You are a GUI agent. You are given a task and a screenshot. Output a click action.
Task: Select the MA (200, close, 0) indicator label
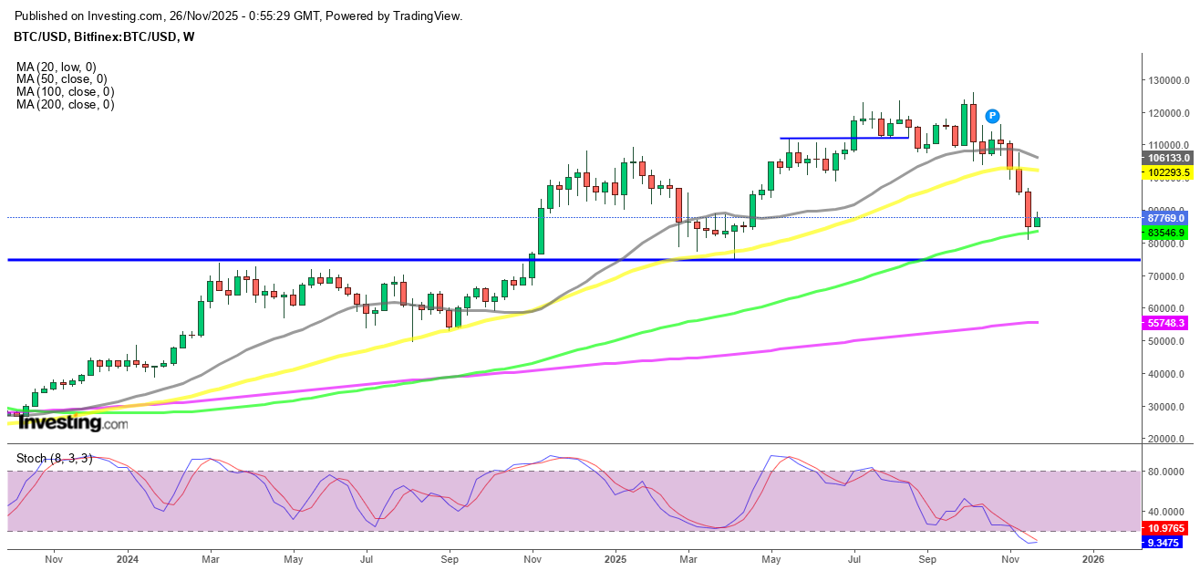pos(65,105)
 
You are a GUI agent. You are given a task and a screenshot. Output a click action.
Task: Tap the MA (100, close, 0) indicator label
pos(65,92)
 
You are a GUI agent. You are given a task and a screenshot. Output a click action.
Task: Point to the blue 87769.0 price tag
pos(1166,218)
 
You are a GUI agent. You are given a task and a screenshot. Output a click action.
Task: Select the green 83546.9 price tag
pos(1166,233)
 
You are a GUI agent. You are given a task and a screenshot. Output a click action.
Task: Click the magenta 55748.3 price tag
pos(1166,323)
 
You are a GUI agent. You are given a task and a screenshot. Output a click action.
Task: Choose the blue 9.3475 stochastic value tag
pos(1166,543)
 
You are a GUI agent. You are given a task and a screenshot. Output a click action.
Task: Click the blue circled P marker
pos(992,116)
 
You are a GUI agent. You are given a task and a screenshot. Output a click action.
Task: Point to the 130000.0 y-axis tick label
pos(1168,80)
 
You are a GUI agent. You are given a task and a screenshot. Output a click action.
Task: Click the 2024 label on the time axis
pos(128,558)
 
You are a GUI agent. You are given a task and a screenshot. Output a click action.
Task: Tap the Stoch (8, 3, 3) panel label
pos(54,458)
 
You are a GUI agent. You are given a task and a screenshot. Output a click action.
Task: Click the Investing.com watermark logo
pos(74,423)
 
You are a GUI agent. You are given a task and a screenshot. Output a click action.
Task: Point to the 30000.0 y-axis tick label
pos(1166,407)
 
